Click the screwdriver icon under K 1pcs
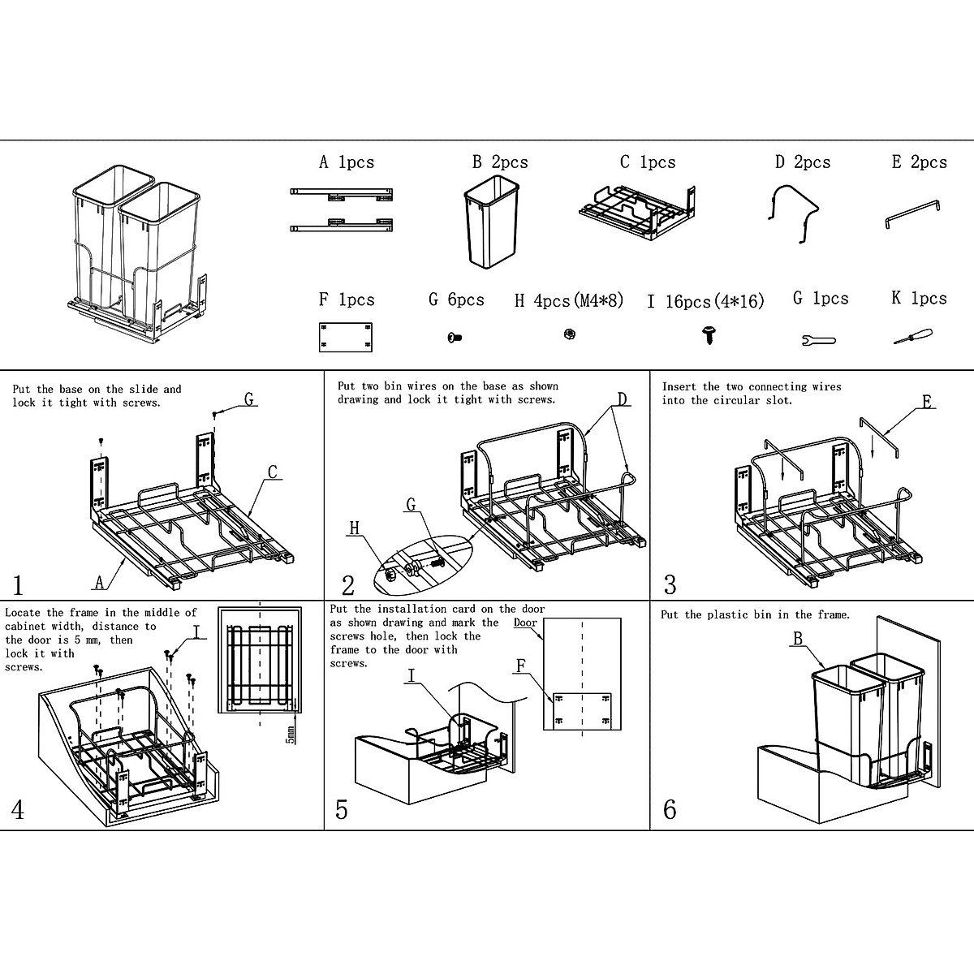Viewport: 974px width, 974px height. pos(912,337)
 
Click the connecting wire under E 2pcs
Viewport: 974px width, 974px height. pos(913,215)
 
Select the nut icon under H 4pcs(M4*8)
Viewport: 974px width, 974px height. pos(569,334)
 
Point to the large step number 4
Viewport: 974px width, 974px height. pos(17,809)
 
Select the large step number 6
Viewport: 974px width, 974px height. pos(670,809)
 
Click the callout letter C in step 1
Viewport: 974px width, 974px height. pos(273,472)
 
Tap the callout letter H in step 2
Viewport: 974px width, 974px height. pos(354,529)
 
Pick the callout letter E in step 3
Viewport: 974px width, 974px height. pos(928,401)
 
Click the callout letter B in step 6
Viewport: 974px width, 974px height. pos(798,640)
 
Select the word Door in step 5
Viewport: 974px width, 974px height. pos(526,623)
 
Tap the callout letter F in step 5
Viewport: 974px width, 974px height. pos(522,666)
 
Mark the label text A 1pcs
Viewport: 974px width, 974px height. pos(347,162)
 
